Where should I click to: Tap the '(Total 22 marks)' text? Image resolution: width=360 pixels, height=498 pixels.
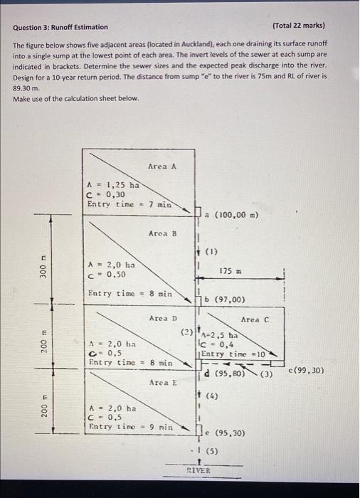pyautogui.click(x=299, y=26)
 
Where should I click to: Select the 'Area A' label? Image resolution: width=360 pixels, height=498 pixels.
pyautogui.click(x=162, y=166)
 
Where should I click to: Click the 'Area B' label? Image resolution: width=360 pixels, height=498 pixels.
pyautogui.click(x=162, y=233)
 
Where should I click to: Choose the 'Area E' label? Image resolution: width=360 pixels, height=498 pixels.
pyautogui.click(x=163, y=383)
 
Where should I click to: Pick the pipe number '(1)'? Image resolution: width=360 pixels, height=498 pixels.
pyautogui.click(x=210, y=251)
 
